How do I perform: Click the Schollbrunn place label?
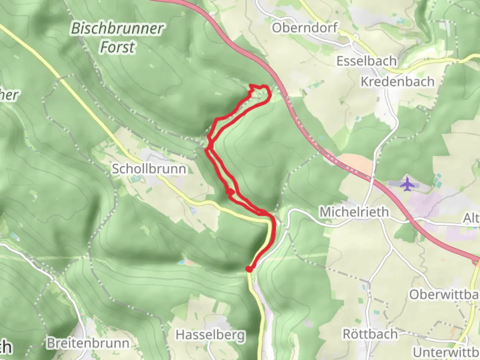click(x=149, y=169)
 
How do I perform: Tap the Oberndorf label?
click(x=305, y=28)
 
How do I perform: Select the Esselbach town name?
click(x=367, y=61)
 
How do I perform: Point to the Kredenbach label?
click(x=398, y=82)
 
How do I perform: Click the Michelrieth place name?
click(x=354, y=212)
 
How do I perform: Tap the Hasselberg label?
click(x=210, y=335)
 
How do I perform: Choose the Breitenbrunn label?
click(x=88, y=343)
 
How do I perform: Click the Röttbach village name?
click(x=370, y=334)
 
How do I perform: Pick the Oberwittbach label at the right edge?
click(x=444, y=294)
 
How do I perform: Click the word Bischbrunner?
click(x=117, y=29)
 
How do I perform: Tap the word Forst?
click(x=117, y=47)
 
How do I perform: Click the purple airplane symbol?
click(x=407, y=184)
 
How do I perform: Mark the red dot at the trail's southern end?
click(x=249, y=269)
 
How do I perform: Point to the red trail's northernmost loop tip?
click(x=260, y=87)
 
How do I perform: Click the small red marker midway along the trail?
click(x=230, y=192)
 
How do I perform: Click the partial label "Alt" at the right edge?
click(x=471, y=218)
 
